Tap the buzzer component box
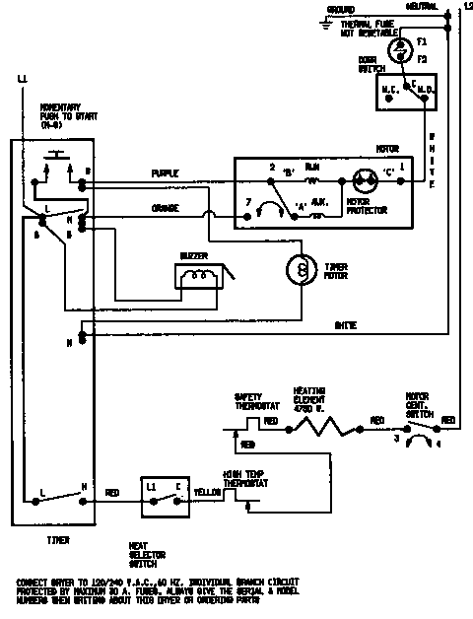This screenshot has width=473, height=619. click(201, 278)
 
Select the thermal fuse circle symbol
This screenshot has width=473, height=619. click(401, 47)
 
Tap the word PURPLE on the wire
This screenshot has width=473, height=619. click(165, 173)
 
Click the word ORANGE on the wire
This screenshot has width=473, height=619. click(165, 209)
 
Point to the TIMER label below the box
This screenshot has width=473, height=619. click(58, 540)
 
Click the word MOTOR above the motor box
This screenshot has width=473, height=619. click(386, 151)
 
